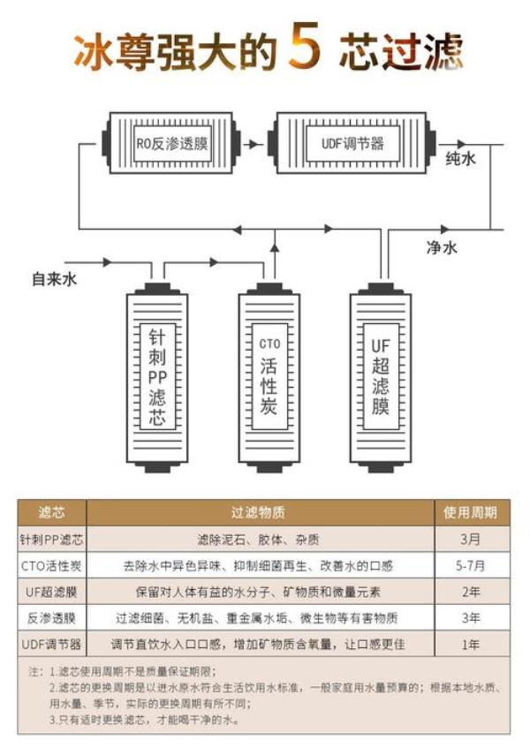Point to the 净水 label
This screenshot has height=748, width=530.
[441, 248]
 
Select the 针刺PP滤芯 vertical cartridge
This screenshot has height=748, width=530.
[157, 376]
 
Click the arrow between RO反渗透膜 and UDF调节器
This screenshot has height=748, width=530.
[255, 143]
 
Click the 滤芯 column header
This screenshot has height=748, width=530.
[51, 512]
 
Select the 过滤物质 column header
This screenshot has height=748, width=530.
[259, 512]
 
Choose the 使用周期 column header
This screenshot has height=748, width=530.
[473, 512]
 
